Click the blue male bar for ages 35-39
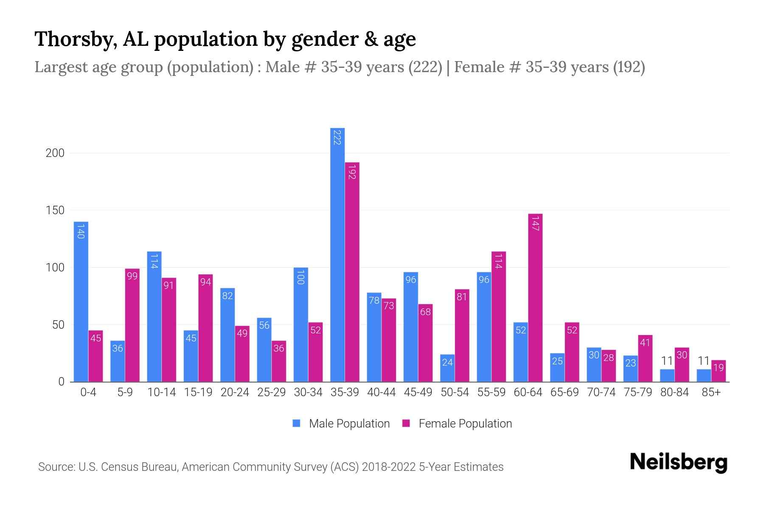tap(337, 255)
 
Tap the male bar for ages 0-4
tap(81, 302)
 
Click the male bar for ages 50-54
tap(447, 368)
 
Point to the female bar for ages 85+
tap(718, 371)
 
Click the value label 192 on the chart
tap(351, 171)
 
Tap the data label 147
tap(535, 224)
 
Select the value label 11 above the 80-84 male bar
tap(667, 361)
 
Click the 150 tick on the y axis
tap(55, 210)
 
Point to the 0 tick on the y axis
tap(62, 382)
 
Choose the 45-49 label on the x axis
tap(418, 392)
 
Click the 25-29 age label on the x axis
tap(271, 392)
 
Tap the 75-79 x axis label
tap(638, 392)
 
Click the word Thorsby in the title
tap(76, 39)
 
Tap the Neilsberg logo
tap(678, 462)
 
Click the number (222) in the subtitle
tap(425, 67)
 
